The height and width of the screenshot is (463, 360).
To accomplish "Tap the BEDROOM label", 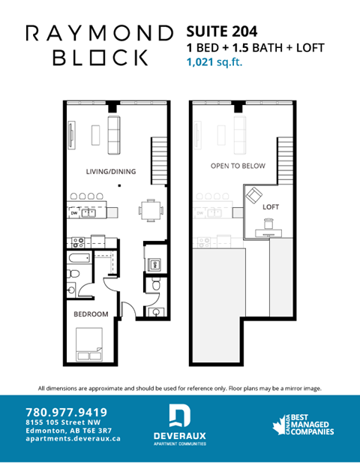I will (90, 314).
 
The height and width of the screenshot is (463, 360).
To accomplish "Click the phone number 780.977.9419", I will (66, 412).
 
